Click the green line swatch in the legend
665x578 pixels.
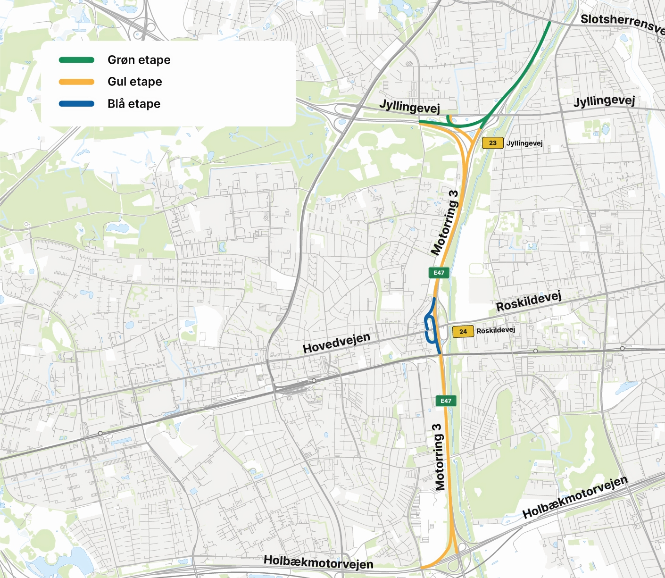click(x=76, y=60)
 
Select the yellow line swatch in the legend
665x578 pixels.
click(x=76, y=82)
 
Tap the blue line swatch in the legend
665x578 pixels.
click(x=76, y=104)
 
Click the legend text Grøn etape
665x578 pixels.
click(x=139, y=60)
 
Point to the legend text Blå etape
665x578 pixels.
click(x=133, y=104)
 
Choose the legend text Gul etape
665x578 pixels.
click(x=134, y=82)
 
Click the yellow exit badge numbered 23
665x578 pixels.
click(x=492, y=142)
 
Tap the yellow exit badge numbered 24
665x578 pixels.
click(x=463, y=331)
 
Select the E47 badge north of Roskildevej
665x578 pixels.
click(x=439, y=273)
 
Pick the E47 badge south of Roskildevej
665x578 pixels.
click(x=446, y=401)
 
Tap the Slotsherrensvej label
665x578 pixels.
click(x=622, y=24)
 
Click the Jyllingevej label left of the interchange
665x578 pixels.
click(x=409, y=107)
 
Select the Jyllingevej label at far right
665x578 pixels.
click(x=604, y=101)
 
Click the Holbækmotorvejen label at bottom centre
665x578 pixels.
click(x=318, y=562)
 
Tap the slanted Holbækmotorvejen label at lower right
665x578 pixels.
click(x=575, y=497)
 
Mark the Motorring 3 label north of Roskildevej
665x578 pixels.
click(x=445, y=222)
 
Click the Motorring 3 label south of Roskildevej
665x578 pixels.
click(x=439, y=457)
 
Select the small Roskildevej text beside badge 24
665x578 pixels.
click(x=495, y=330)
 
